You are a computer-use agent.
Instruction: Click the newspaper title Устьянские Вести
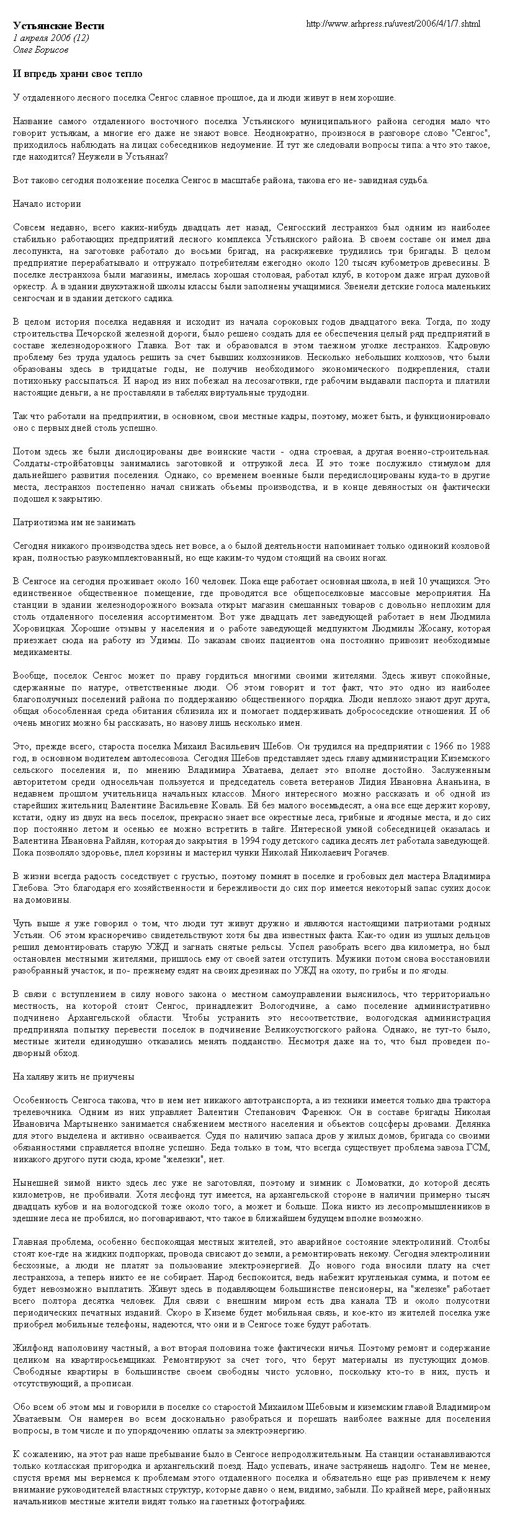(x=59, y=26)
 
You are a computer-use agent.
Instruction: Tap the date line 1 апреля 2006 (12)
(x=51, y=38)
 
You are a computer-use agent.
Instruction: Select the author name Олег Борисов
(x=41, y=49)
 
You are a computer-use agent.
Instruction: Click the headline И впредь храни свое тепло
(x=78, y=74)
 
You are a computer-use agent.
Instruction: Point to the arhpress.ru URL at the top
(x=393, y=24)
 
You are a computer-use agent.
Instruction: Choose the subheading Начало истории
(x=47, y=204)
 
